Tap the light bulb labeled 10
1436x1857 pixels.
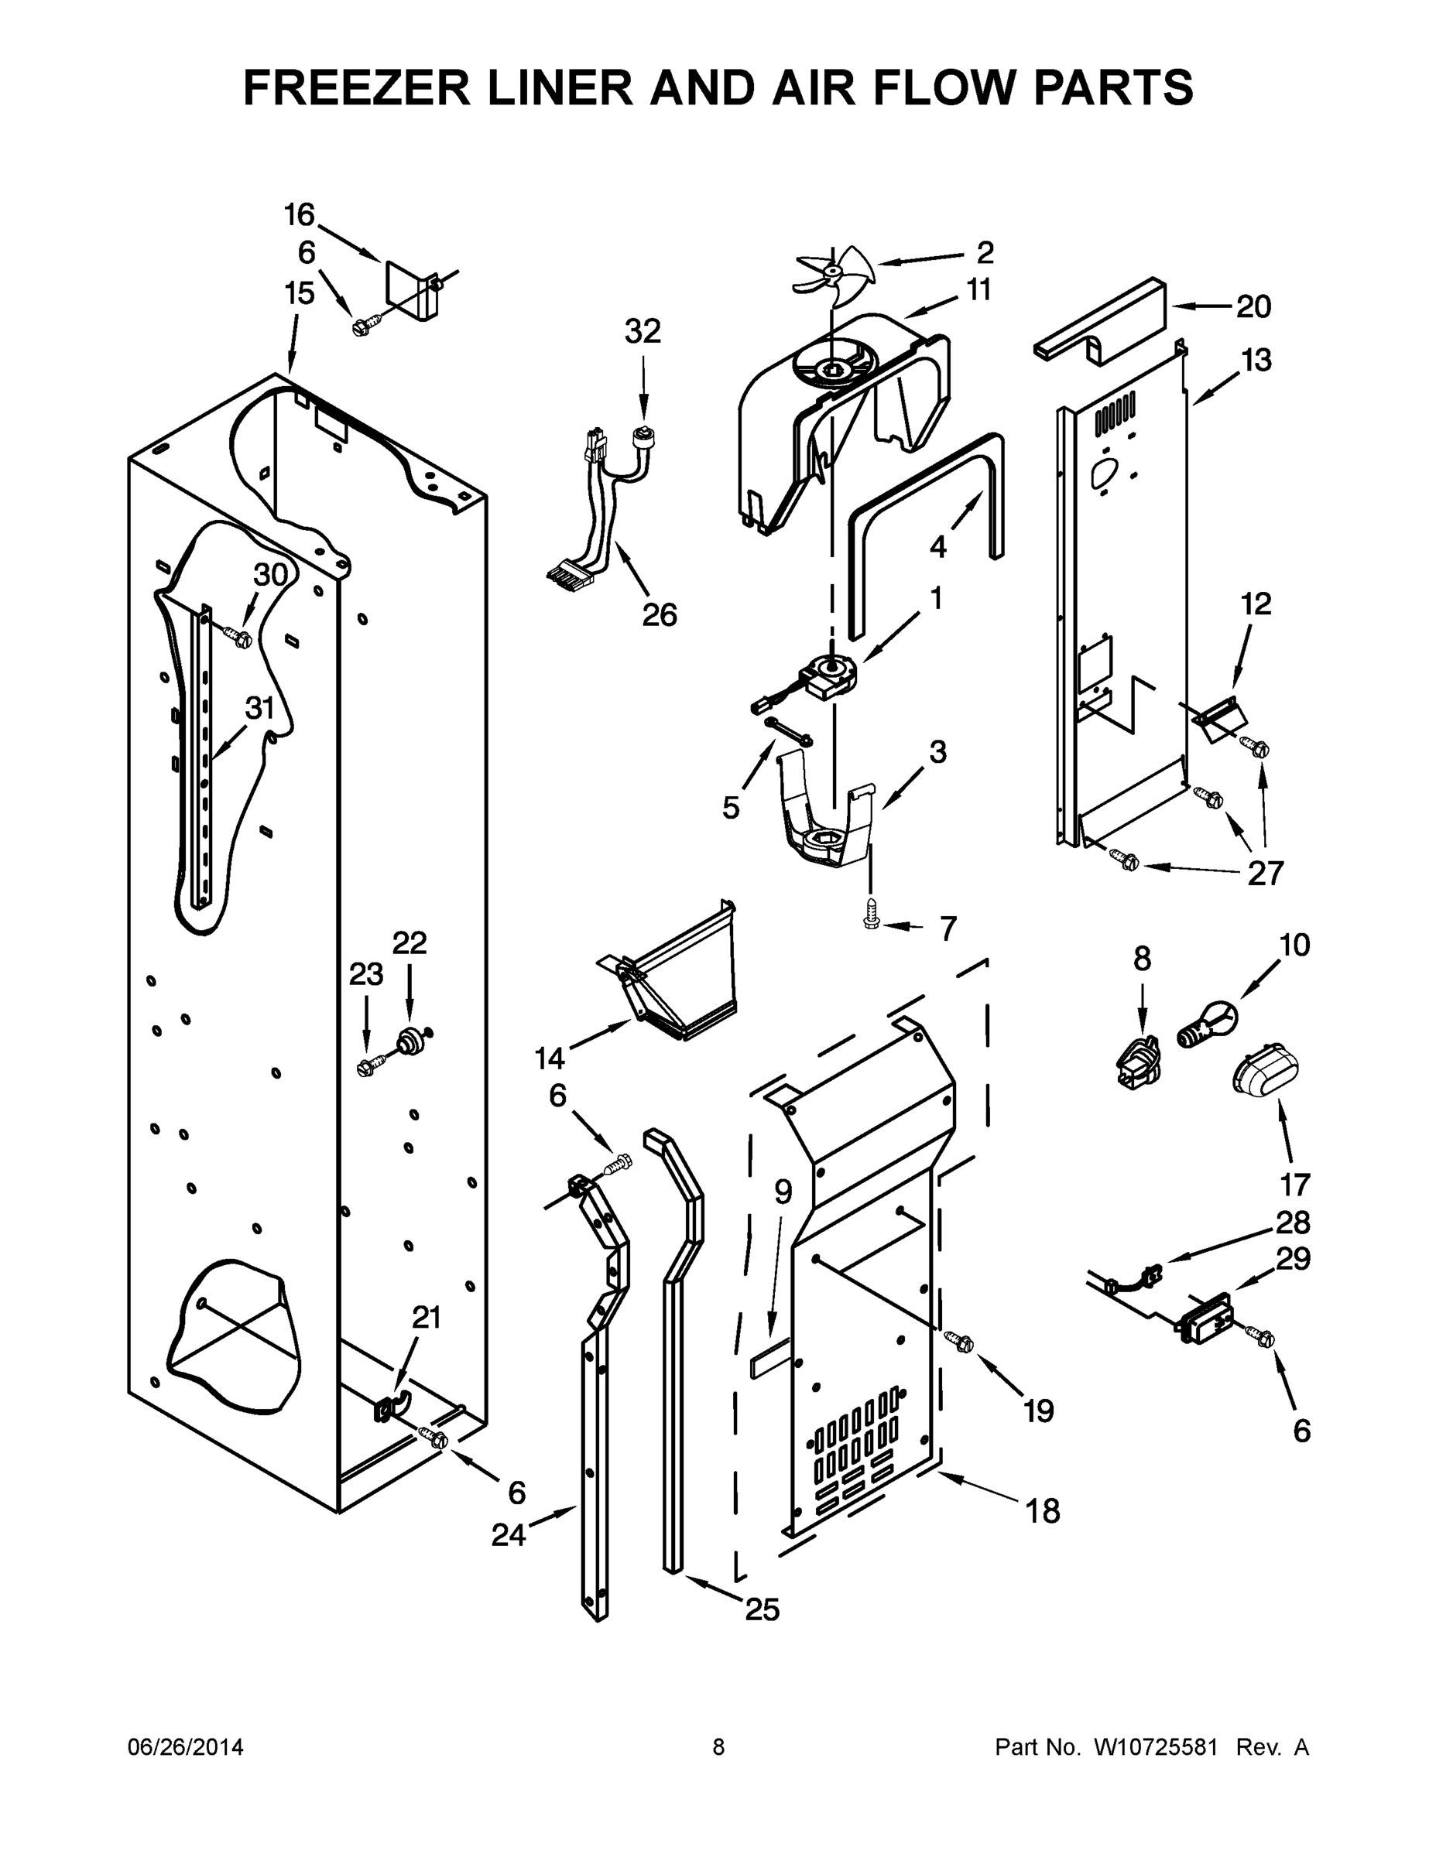point(1205,1024)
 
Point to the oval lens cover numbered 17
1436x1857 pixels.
point(1266,1069)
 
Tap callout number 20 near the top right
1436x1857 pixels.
point(1253,306)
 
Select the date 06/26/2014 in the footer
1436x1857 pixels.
point(186,1746)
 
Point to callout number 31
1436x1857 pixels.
point(260,707)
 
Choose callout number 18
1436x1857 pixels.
point(1042,1511)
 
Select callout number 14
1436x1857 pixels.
point(550,1058)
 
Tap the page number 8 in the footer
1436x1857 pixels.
point(719,1746)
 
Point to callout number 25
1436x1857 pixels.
point(762,1609)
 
